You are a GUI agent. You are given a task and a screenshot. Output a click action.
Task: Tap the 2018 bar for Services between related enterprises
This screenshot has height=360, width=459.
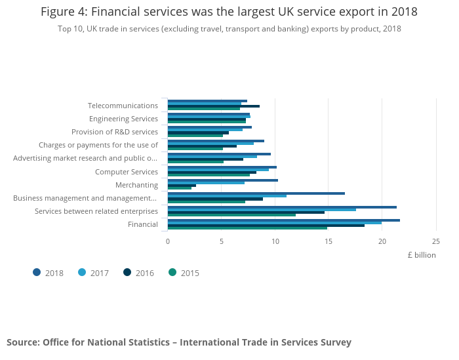point(282,207)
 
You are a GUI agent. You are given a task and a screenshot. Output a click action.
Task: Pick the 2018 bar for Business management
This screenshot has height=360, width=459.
point(256,193)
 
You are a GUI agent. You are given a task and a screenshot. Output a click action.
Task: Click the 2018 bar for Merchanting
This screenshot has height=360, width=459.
point(223,180)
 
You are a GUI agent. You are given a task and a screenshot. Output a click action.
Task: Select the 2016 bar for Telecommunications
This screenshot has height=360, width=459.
point(213,106)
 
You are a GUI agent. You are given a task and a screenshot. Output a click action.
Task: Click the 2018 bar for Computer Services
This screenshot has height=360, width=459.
point(222,167)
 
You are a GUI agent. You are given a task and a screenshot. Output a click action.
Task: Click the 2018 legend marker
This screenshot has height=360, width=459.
point(37,272)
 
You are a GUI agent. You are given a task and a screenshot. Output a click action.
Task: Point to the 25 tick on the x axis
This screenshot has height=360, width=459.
point(435,241)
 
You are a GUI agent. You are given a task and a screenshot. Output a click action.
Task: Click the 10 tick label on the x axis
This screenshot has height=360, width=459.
point(275,241)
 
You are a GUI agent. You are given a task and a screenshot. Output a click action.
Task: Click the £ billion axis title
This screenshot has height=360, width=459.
point(421,255)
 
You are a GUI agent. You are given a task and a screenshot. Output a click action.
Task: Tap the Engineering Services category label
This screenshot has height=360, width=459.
point(123,119)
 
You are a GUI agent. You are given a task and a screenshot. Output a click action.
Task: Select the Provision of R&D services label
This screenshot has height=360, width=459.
point(115,132)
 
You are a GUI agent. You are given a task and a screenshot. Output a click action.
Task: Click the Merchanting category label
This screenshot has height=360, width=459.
point(136,185)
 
